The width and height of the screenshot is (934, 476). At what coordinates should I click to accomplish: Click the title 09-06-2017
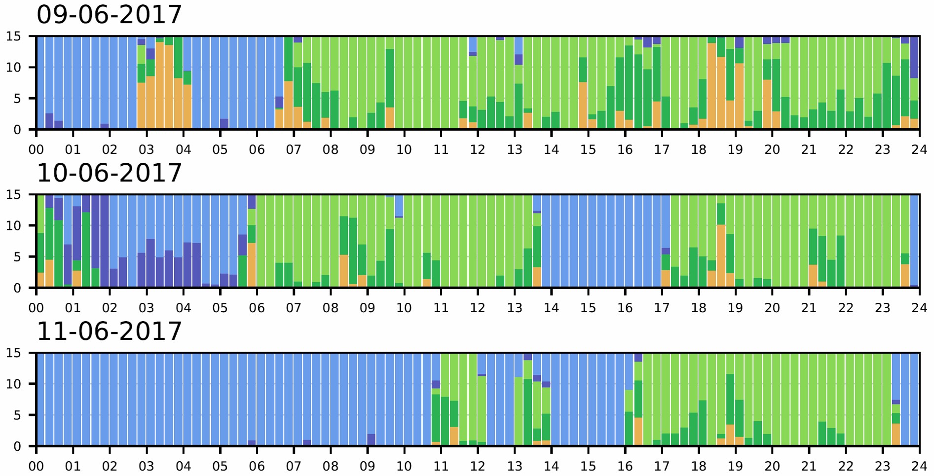tap(109, 15)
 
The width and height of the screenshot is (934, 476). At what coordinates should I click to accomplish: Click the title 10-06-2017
tap(109, 173)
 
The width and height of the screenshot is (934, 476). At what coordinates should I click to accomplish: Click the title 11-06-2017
tap(109, 331)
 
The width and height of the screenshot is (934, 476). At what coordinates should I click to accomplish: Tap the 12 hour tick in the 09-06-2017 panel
tap(478, 149)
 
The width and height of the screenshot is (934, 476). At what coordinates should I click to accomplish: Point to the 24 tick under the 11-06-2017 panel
tap(919, 466)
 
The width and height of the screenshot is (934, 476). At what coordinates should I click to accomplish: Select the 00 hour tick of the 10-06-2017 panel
tap(36, 308)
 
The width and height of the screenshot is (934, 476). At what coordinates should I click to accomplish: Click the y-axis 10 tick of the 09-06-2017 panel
tap(14, 68)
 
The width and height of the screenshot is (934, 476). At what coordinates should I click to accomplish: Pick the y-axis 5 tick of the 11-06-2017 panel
tap(17, 415)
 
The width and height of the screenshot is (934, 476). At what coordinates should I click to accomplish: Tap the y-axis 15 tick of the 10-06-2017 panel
tap(14, 195)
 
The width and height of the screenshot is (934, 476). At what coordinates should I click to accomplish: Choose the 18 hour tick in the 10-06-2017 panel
tap(699, 308)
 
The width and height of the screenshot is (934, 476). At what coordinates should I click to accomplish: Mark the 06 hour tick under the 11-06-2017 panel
tap(257, 466)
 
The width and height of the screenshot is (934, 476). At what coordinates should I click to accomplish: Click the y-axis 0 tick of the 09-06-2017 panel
tap(17, 130)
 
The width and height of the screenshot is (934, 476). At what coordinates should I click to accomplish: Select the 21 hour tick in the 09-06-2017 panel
tap(809, 149)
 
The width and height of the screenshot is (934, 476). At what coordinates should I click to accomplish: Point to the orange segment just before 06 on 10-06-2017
tap(252, 265)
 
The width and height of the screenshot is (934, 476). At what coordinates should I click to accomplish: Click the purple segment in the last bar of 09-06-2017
tap(914, 57)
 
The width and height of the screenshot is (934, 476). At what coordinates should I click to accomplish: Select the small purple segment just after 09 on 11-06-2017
tap(371, 439)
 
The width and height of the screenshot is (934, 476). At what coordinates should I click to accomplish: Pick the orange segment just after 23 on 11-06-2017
tap(896, 434)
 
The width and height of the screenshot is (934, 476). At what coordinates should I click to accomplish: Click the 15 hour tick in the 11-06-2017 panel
tap(588, 466)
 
